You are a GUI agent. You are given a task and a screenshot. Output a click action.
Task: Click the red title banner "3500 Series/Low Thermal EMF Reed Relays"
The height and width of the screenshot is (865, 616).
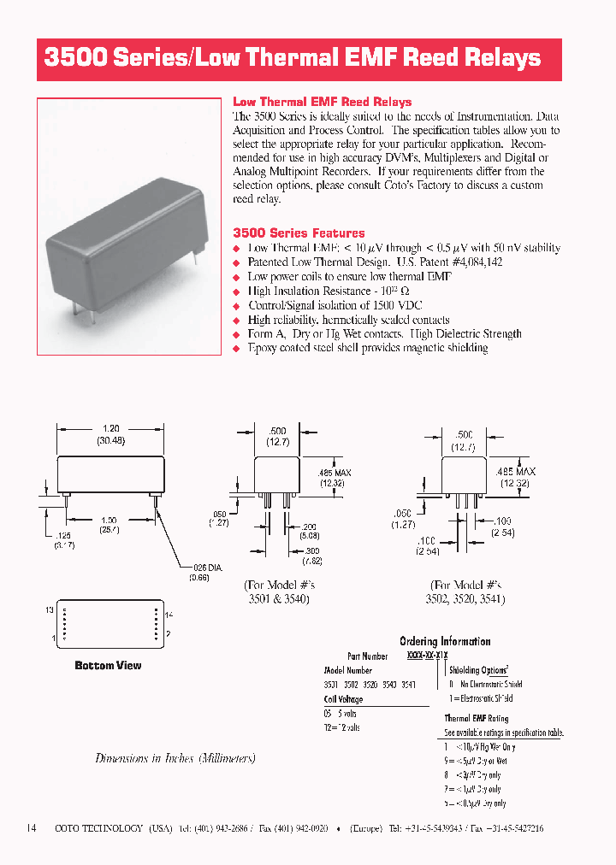click(x=293, y=58)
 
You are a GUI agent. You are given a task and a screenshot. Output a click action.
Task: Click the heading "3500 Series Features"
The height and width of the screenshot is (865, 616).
click(x=299, y=232)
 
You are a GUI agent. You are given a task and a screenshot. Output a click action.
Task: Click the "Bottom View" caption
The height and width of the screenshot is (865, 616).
click(x=108, y=665)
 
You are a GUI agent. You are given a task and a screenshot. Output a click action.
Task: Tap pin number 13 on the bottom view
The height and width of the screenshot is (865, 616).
click(x=50, y=609)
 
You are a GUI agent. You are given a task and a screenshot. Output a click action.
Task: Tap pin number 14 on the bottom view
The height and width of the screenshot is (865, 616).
click(x=169, y=615)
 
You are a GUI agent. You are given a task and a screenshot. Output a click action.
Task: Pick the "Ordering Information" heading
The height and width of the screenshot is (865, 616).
click(x=445, y=641)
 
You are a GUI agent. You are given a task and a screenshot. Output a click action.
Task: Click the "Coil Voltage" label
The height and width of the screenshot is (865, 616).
click(x=343, y=699)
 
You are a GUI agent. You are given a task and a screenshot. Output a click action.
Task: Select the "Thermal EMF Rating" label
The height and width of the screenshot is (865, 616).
click(x=476, y=719)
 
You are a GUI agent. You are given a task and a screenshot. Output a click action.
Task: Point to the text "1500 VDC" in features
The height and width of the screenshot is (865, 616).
click(x=395, y=305)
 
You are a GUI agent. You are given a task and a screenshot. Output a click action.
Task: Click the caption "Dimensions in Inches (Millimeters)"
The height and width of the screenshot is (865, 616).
click(x=175, y=758)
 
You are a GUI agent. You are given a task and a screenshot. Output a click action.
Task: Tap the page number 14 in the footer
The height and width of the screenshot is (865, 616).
click(x=32, y=828)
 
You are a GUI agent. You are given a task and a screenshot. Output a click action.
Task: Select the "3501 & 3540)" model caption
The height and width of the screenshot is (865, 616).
click(x=278, y=599)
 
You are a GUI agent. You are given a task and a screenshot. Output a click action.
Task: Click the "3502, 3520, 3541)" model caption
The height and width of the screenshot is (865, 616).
click(x=465, y=599)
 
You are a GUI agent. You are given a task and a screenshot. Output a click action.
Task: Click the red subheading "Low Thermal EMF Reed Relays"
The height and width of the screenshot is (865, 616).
click(x=322, y=102)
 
